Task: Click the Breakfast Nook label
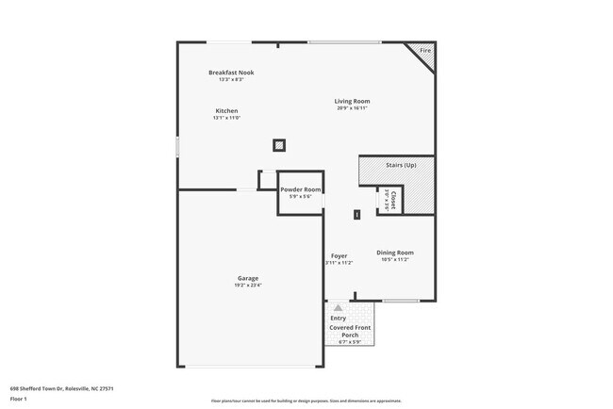231,73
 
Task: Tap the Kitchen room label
226,111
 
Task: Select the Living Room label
352,101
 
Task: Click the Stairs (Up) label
401,166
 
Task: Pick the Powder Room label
301,189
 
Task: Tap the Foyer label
340,255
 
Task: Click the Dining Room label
395,253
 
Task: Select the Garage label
248,278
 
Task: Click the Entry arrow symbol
338,308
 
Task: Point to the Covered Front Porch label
350,330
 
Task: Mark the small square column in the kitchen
279,145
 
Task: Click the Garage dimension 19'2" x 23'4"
248,286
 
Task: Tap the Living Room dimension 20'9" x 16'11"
352,108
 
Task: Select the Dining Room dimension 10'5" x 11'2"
395,260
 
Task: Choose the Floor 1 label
18,399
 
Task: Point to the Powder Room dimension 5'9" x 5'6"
301,196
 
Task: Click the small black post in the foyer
357,215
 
